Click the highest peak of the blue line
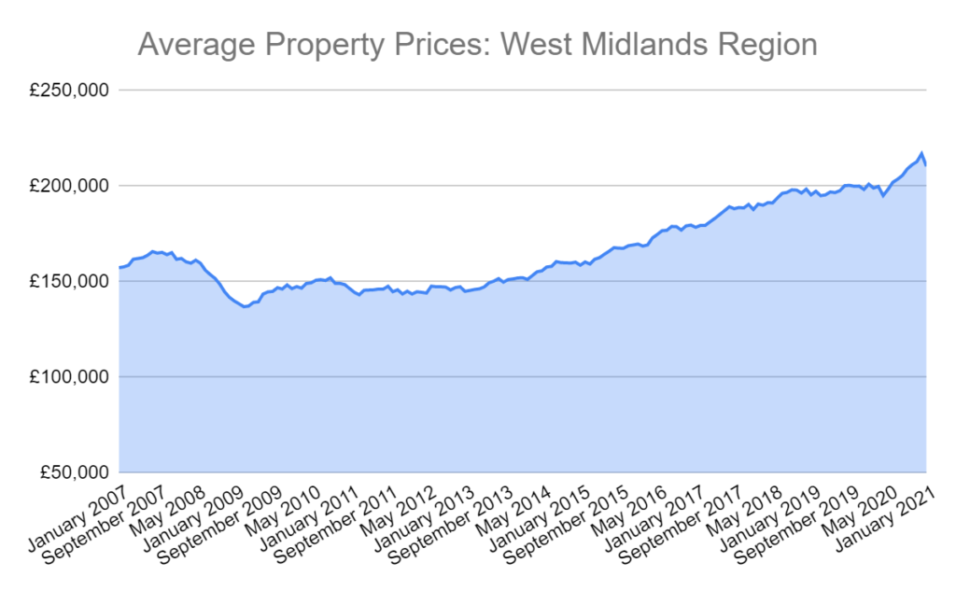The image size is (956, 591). (921, 153)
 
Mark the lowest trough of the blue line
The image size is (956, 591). (245, 306)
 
